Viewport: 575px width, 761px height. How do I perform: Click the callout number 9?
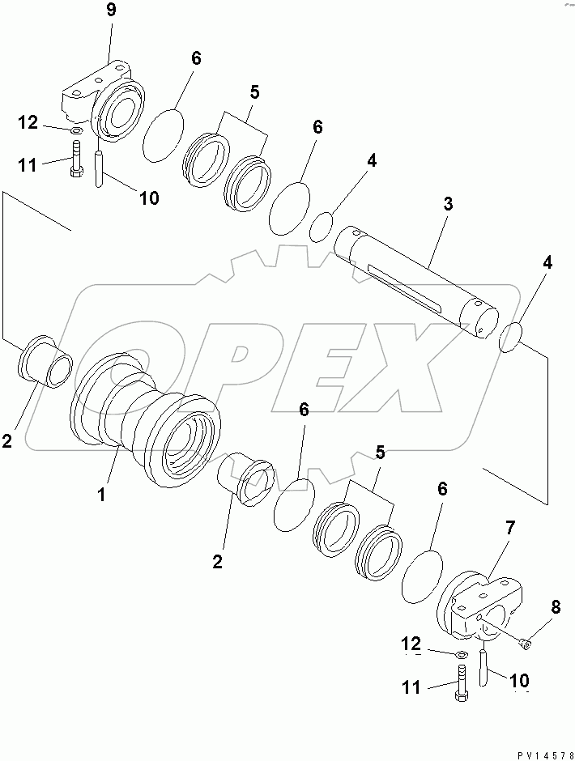(110, 12)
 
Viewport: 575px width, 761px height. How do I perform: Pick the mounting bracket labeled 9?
(105, 97)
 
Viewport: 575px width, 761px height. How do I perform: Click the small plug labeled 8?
(525, 644)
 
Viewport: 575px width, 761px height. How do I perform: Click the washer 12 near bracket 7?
(458, 655)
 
